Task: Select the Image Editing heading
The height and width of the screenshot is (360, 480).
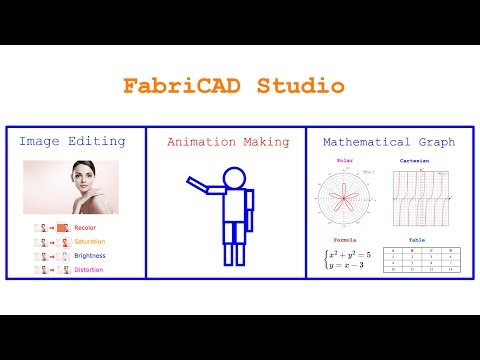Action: [72, 142]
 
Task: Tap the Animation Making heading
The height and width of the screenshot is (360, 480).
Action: [221, 142]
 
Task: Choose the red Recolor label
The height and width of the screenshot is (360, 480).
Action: [85, 229]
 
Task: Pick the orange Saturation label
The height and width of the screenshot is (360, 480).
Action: [89, 242]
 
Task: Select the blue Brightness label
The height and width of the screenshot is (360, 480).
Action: [89, 256]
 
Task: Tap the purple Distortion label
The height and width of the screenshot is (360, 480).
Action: [89, 269]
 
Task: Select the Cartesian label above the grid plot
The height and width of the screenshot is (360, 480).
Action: [416, 160]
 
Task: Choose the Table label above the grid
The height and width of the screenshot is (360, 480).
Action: [416, 241]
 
